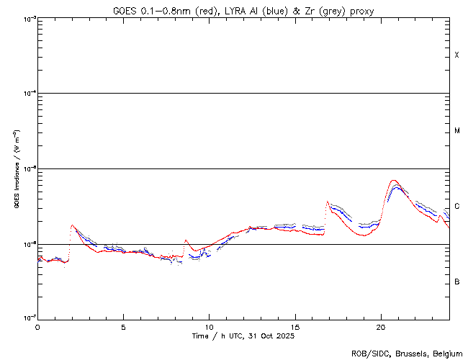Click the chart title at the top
tap(243, 10)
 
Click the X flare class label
tap(456, 55)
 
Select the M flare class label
tap(456, 131)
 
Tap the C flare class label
tap(456, 206)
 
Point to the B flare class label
tap(456, 282)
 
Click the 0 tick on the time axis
tap(37, 327)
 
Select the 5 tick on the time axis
tap(123, 327)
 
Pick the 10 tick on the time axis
tap(210, 327)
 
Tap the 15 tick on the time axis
tap(295, 327)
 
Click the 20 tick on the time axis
tap(381, 327)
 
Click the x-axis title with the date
tap(243, 336)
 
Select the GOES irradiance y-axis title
tap(15, 168)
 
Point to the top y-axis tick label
tap(27, 18)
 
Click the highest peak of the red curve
tap(393, 180)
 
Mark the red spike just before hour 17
tap(328, 202)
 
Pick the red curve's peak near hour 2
tap(71, 225)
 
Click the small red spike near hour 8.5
tap(186, 240)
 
